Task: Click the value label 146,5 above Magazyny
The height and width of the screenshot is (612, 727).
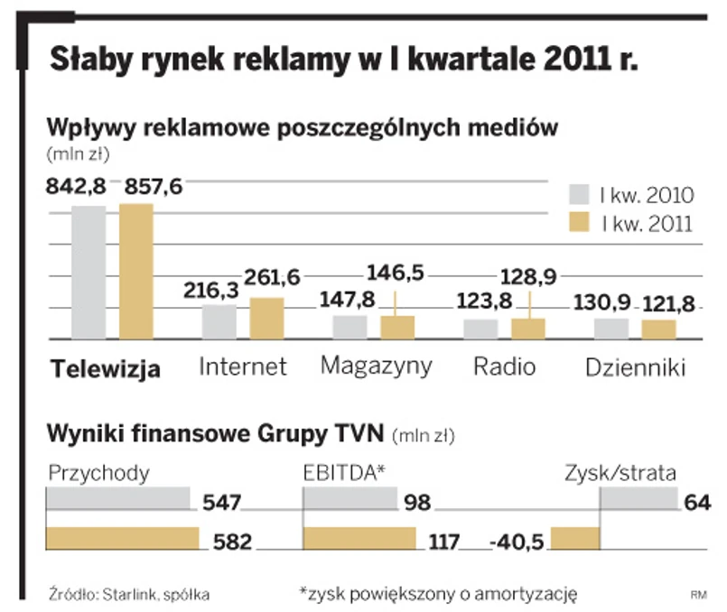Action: (393, 271)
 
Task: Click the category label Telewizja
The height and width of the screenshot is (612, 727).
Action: (107, 369)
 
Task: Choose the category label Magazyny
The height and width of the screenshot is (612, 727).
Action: (377, 366)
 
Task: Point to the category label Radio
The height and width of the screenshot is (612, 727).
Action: (505, 367)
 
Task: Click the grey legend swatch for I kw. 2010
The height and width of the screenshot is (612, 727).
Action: (578, 195)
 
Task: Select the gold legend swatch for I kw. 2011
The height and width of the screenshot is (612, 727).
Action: (578, 223)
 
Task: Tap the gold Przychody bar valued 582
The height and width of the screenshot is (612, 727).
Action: (123, 538)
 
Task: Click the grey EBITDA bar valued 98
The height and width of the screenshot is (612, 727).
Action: (350, 498)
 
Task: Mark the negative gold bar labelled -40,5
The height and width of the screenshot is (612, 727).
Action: (574, 538)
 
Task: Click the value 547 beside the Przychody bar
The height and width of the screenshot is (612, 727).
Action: (221, 503)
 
